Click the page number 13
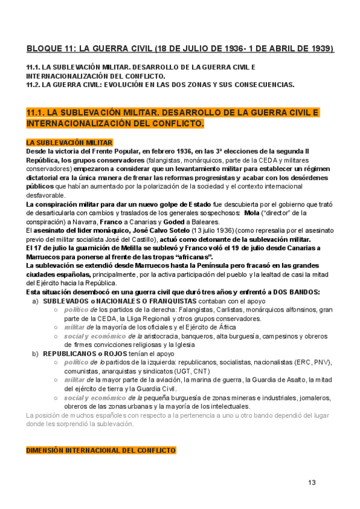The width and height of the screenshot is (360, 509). tap(311, 483)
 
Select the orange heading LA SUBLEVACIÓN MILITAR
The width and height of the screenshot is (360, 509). tap(69, 142)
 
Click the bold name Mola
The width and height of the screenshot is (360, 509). tap(251, 212)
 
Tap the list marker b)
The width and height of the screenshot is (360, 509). tap(35, 354)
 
